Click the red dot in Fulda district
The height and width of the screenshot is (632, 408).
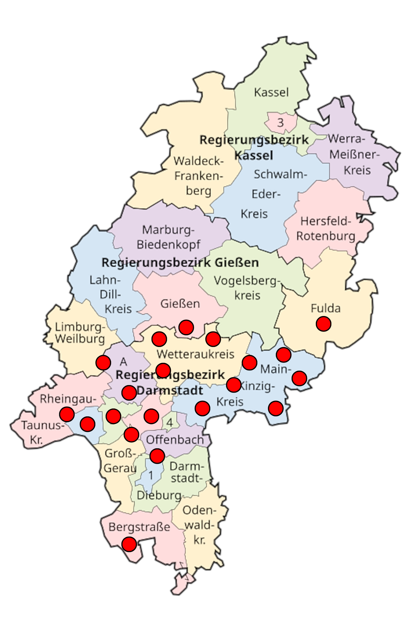(x=323, y=324)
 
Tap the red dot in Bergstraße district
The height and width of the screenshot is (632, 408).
(x=129, y=544)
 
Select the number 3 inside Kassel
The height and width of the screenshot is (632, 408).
(x=280, y=122)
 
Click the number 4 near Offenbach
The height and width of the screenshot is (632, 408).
(x=170, y=422)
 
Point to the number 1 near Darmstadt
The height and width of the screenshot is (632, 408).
(x=151, y=475)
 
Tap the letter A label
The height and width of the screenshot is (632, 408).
(x=123, y=362)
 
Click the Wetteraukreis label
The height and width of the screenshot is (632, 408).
(x=195, y=354)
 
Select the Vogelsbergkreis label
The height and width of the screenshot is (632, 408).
(x=247, y=288)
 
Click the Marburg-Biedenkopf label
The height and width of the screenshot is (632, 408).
(x=168, y=237)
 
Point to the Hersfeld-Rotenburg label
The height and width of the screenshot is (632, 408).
(x=326, y=228)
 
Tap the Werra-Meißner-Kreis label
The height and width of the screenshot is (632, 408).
(x=355, y=154)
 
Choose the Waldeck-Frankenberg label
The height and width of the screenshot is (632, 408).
(x=199, y=176)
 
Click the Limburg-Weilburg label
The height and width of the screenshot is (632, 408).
(x=80, y=333)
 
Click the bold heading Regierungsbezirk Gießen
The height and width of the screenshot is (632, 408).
(x=180, y=263)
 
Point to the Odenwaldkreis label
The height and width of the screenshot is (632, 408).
(x=199, y=525)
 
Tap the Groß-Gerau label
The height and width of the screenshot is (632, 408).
(x=120, y=461)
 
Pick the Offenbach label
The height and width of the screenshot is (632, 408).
(x=175, y=439)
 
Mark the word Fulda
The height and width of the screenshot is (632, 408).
(x=325, y=308)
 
